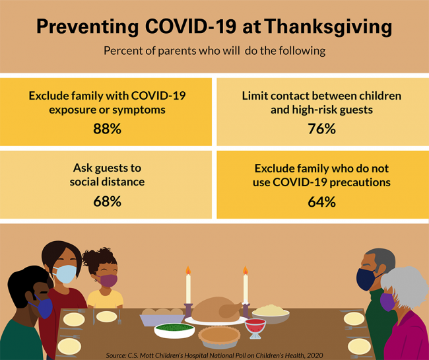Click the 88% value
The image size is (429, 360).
click(x=107, y=129)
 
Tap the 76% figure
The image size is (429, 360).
click(x=321, y=129)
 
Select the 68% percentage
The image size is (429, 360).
click(x=107, y=201)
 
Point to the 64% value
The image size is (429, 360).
click(x=321, y=201)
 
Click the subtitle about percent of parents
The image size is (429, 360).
click(x=214, y=51)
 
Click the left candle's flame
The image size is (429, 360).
click(x=187, y=270)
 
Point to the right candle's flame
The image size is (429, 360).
click(x=245, y=270)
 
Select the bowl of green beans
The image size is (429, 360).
click(x=174, y=329)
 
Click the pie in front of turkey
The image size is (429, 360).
click(x=218, y=336)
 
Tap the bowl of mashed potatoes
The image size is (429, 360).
click(x=271, y=311)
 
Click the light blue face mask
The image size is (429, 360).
click(x=66, y=273)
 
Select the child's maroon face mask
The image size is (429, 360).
click(x=108, y=280)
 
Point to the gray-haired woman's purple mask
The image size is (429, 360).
click(x=387, y=302)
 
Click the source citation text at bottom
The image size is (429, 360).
click(x=214, y=355)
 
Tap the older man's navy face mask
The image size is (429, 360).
click(x=366, y=279)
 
